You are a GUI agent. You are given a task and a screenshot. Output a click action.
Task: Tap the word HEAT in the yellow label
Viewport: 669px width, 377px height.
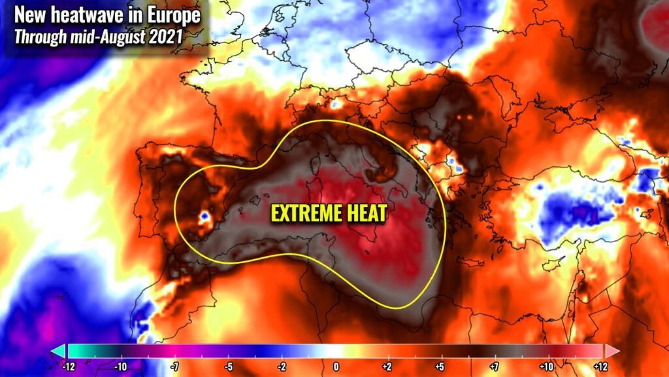tap(363, 213)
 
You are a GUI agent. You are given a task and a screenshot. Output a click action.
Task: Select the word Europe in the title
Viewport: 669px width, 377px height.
tap(172, 14)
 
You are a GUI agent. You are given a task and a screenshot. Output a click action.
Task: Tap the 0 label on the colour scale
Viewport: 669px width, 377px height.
tap(336, 367)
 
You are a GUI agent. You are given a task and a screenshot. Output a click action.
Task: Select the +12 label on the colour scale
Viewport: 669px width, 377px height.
tap(600, 367)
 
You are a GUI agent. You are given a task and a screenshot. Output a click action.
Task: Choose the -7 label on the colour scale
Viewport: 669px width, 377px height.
tap(174, 367)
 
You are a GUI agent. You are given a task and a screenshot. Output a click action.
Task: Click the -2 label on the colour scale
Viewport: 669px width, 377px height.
tap(282, 367)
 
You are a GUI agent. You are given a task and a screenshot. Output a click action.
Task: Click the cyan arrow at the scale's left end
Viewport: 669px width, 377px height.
tap(57, 351)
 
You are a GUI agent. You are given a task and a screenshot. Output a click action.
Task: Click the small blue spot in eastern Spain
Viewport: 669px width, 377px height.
tap(205, 214)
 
